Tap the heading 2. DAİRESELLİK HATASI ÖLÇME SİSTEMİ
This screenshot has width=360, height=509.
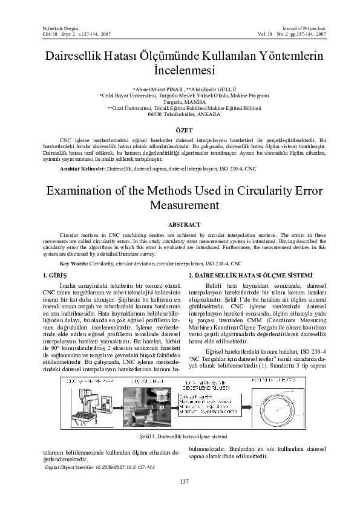(x=250, y=275)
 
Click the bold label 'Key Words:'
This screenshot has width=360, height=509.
(x=75, y=264)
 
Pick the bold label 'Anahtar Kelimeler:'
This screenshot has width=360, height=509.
(x=80, y=170)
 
